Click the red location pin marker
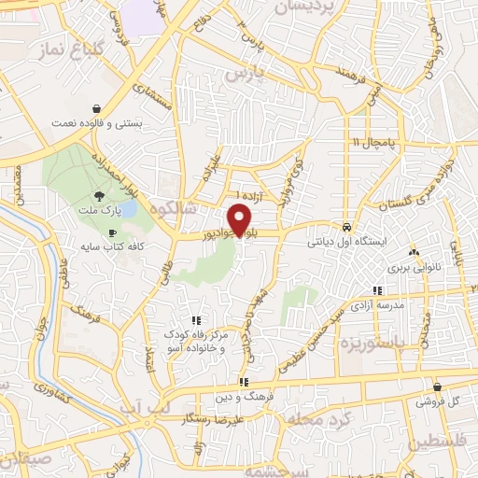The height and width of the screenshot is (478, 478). point(242,219)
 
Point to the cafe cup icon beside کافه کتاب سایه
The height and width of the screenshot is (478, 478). point(113,233)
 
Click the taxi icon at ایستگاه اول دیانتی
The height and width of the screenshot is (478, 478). point(346,226)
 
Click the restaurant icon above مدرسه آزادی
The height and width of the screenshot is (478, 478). point(377,290)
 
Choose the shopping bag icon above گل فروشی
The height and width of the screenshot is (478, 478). point(437,387)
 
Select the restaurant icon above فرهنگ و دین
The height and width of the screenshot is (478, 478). point(243,382)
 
